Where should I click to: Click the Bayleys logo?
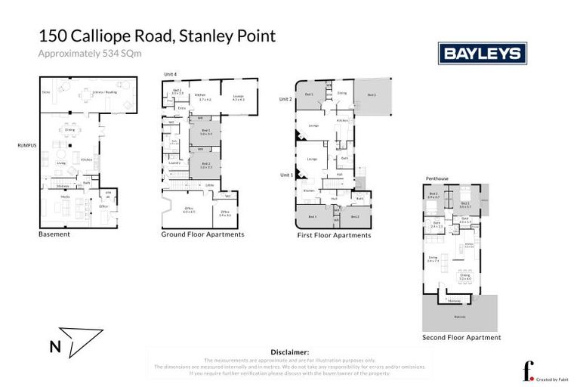[483, 53]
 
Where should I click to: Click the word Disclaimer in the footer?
[289, 352]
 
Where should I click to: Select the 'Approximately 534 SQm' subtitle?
[90, 53]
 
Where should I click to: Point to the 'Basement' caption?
[54, 234]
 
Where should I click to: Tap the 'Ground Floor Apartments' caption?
[202, 234]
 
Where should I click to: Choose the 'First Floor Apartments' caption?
[335, 235]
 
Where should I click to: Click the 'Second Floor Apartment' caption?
[461, 338]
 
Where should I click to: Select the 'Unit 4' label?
[171, 74]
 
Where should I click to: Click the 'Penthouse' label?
[437, 178]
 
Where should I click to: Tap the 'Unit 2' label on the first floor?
[285, 99]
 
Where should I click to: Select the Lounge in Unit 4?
[239, 98]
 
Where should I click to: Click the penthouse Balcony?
[460, 316]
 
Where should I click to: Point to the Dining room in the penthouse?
[464, 277]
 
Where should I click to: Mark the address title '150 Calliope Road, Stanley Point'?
[157, 36]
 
